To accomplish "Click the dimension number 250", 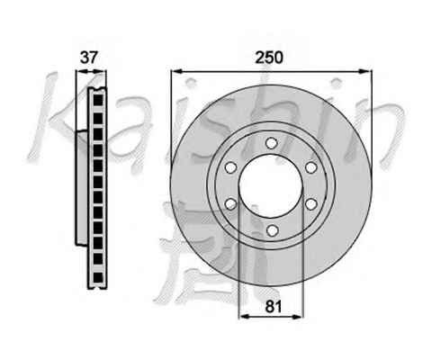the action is coord(269,58).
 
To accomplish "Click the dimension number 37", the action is coord(89,58).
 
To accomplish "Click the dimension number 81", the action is coord(274,307).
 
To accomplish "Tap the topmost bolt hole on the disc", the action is coord(271,143).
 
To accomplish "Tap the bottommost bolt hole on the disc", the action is coord(272,230).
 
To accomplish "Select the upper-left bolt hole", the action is coord(230,167).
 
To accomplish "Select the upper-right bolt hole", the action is coord(311,167).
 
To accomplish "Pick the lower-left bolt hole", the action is coord(230,204).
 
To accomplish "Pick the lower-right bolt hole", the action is coord(311,204).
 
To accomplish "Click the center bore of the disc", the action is coord(271,186).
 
